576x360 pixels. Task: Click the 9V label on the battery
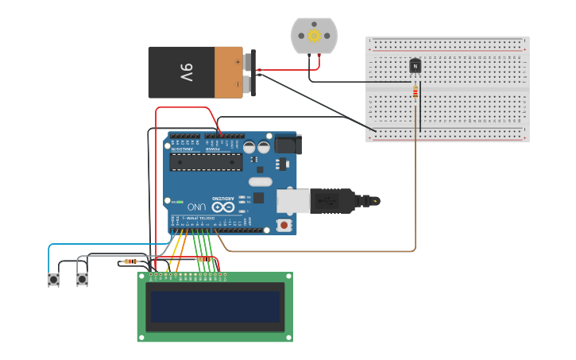pyautogui.click(x=185, y=73)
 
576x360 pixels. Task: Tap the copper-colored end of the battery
pyautogui.click(x=229, y=72)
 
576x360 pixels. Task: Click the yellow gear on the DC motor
pyautogui.click(x=314, y=35)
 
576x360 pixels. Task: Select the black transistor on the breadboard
pyautogui.click(x=415, y=66)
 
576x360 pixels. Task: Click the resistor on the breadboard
pyautogui.click(x=415, y=92)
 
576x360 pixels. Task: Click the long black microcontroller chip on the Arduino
pyautogui.click(x=206, y=162)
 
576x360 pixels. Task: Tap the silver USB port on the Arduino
pyautogui.click(x=292, y=201)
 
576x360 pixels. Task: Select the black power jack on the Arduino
pyautogui.click(x=287, y=145)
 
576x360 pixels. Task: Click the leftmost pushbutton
pyautogui.click(x=53, y=279)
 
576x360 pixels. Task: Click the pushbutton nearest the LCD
pyautogui.click(x=82, y=279)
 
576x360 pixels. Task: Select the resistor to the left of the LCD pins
pyautogui.click(x=130, y=261)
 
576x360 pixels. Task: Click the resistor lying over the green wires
pyautogui.click(x=205, y=259)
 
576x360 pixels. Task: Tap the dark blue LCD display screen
pyautogui.click(x=215, y=307)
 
